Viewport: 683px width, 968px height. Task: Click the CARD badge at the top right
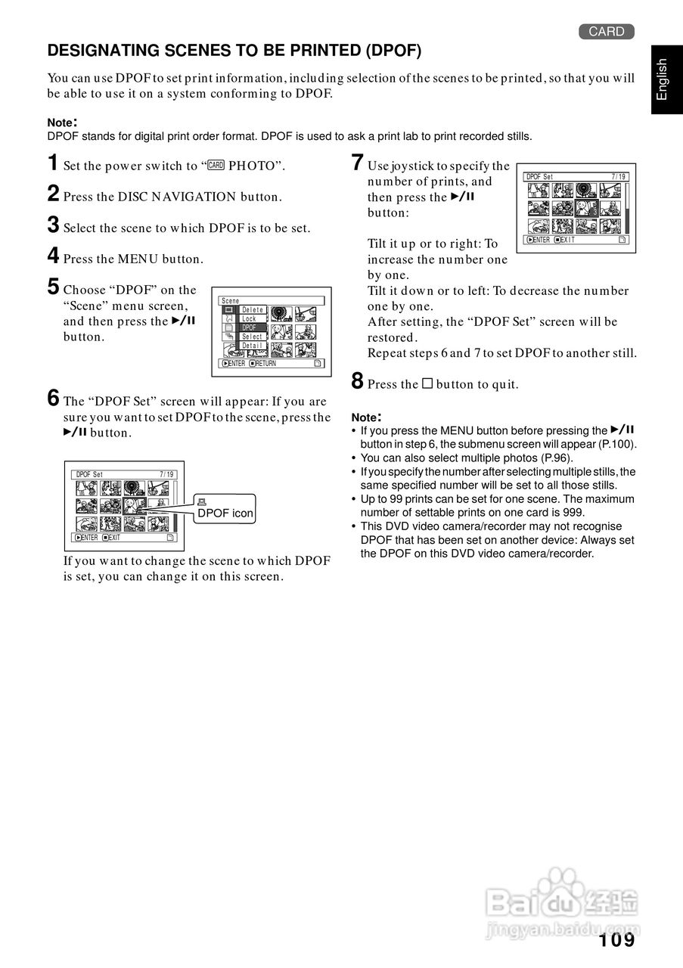(607, 31)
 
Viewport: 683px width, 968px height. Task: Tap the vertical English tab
(662, 79)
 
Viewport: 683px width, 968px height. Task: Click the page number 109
(616, 940)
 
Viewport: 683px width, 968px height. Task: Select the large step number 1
(53, 163)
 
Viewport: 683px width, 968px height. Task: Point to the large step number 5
(53, 287)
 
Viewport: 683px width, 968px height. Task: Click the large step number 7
(358, 163)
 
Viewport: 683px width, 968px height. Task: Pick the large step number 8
(358, 381)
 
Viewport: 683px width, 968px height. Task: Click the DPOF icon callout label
(225, 513)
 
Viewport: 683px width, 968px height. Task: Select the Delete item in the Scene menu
(253, 310)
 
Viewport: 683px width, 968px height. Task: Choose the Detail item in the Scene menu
(253, 346)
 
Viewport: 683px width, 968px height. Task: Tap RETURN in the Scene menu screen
(263, 364)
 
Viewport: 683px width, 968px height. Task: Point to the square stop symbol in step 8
(427, 383)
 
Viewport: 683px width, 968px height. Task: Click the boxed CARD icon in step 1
(216, 166)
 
